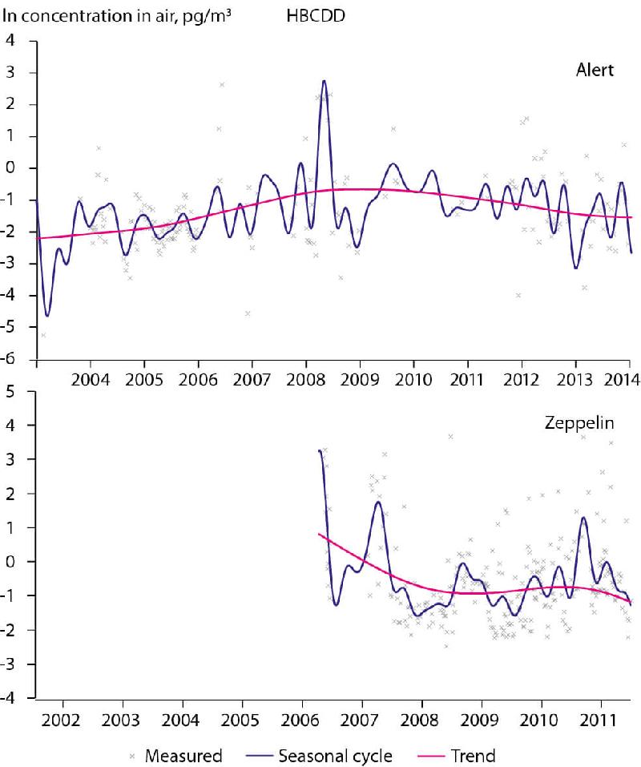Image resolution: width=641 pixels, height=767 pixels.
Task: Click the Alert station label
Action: pyautogui.click(x=595, y=70)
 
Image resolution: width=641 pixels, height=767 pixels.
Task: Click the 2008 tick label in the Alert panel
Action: pyautogui.click(x=305, y=377)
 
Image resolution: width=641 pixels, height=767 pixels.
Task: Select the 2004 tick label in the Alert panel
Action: pyautogui.click(x=90, y=377)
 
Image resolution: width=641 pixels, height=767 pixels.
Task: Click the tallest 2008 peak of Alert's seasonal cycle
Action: pyautogui.click(x=324, y=81)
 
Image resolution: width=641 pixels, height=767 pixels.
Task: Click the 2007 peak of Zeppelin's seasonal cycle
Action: pyautogui.click(x=377, y=502)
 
